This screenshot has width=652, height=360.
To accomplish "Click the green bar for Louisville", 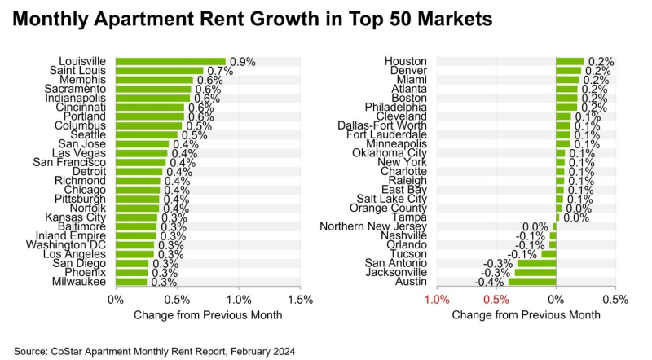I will point(170,61).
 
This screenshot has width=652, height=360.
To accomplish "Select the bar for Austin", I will point(531,282).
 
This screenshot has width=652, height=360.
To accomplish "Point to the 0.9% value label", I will point(242,61).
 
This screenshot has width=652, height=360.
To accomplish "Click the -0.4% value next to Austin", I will point(489,283).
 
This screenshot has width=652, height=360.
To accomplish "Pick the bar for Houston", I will point(570,61).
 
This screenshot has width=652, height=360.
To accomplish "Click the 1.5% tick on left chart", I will point(300,300).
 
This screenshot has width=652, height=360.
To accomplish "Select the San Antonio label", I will point(395,262).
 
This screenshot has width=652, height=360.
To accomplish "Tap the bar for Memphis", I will point(154,80).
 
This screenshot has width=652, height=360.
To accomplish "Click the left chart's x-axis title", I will point(208,315).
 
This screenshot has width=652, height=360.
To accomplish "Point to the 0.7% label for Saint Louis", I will point(220,72).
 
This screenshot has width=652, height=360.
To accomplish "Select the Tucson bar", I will point(548,253).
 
